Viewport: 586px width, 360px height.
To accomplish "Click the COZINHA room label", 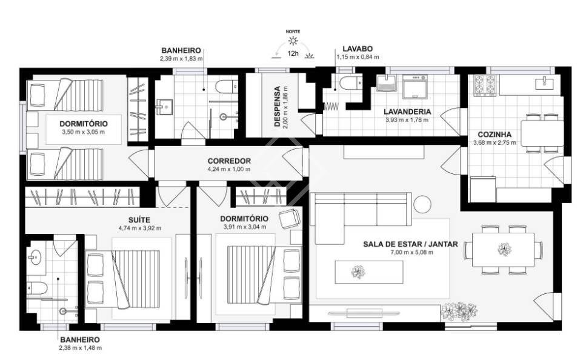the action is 494,135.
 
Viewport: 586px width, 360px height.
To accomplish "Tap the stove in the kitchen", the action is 485,85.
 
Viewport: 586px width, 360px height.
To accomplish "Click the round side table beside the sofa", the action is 422,204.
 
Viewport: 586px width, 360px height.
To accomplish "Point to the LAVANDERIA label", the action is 407,112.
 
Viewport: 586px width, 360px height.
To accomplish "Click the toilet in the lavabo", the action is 350,82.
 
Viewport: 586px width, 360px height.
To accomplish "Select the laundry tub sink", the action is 386,83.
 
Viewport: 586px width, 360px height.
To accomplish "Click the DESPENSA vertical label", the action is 278,107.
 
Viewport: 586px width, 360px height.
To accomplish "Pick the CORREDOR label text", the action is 229,161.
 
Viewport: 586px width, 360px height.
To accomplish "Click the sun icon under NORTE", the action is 293,41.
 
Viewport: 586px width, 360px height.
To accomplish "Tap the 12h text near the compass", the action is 293,53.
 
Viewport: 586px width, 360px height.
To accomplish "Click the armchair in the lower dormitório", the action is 290,218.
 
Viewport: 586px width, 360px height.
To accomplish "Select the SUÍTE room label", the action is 139,220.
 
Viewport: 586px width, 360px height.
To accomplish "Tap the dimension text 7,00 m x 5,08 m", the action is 410,252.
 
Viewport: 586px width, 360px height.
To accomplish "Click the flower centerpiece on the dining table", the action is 505,249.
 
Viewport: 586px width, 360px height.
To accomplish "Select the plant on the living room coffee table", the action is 358,272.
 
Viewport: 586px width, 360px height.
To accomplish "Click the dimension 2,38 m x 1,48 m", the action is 81,348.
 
